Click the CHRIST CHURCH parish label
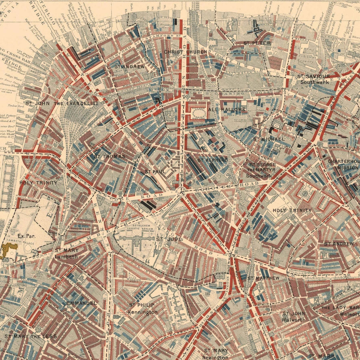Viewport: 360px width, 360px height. coord(185,52)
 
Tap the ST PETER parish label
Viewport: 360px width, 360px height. coord(258,43)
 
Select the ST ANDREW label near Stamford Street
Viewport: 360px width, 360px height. coord(130,66)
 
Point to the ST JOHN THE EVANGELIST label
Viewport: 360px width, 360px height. coord(62,103)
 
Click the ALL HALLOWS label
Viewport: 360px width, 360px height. coord(232,109)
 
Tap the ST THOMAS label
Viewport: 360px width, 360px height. coord(110,156)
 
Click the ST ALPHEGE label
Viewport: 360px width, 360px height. coord(212,160)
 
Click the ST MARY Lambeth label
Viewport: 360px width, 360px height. coord(66,253)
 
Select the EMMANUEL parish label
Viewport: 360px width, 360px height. coord(81,303)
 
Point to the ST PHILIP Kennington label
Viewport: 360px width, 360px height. coord(143,308)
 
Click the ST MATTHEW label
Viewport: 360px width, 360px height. coord(263,278)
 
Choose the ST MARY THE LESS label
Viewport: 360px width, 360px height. coord(30,336)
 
